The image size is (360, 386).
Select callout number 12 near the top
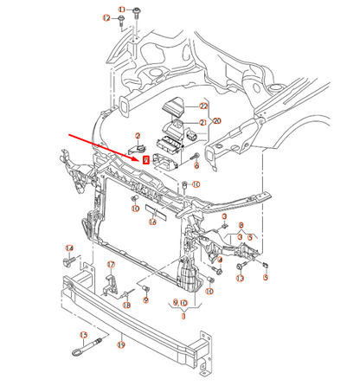[x=106, y=18]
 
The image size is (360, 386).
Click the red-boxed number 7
[x=146, y=158]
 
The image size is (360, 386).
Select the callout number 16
[x=152, y=222]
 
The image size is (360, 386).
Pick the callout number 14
[x=69, y=248]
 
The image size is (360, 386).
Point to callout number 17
[x=111, y=264]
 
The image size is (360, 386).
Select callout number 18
[x=126, y=305]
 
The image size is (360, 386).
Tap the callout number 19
[x=121, y=344]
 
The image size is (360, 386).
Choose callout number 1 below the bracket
[x=183, y=316]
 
